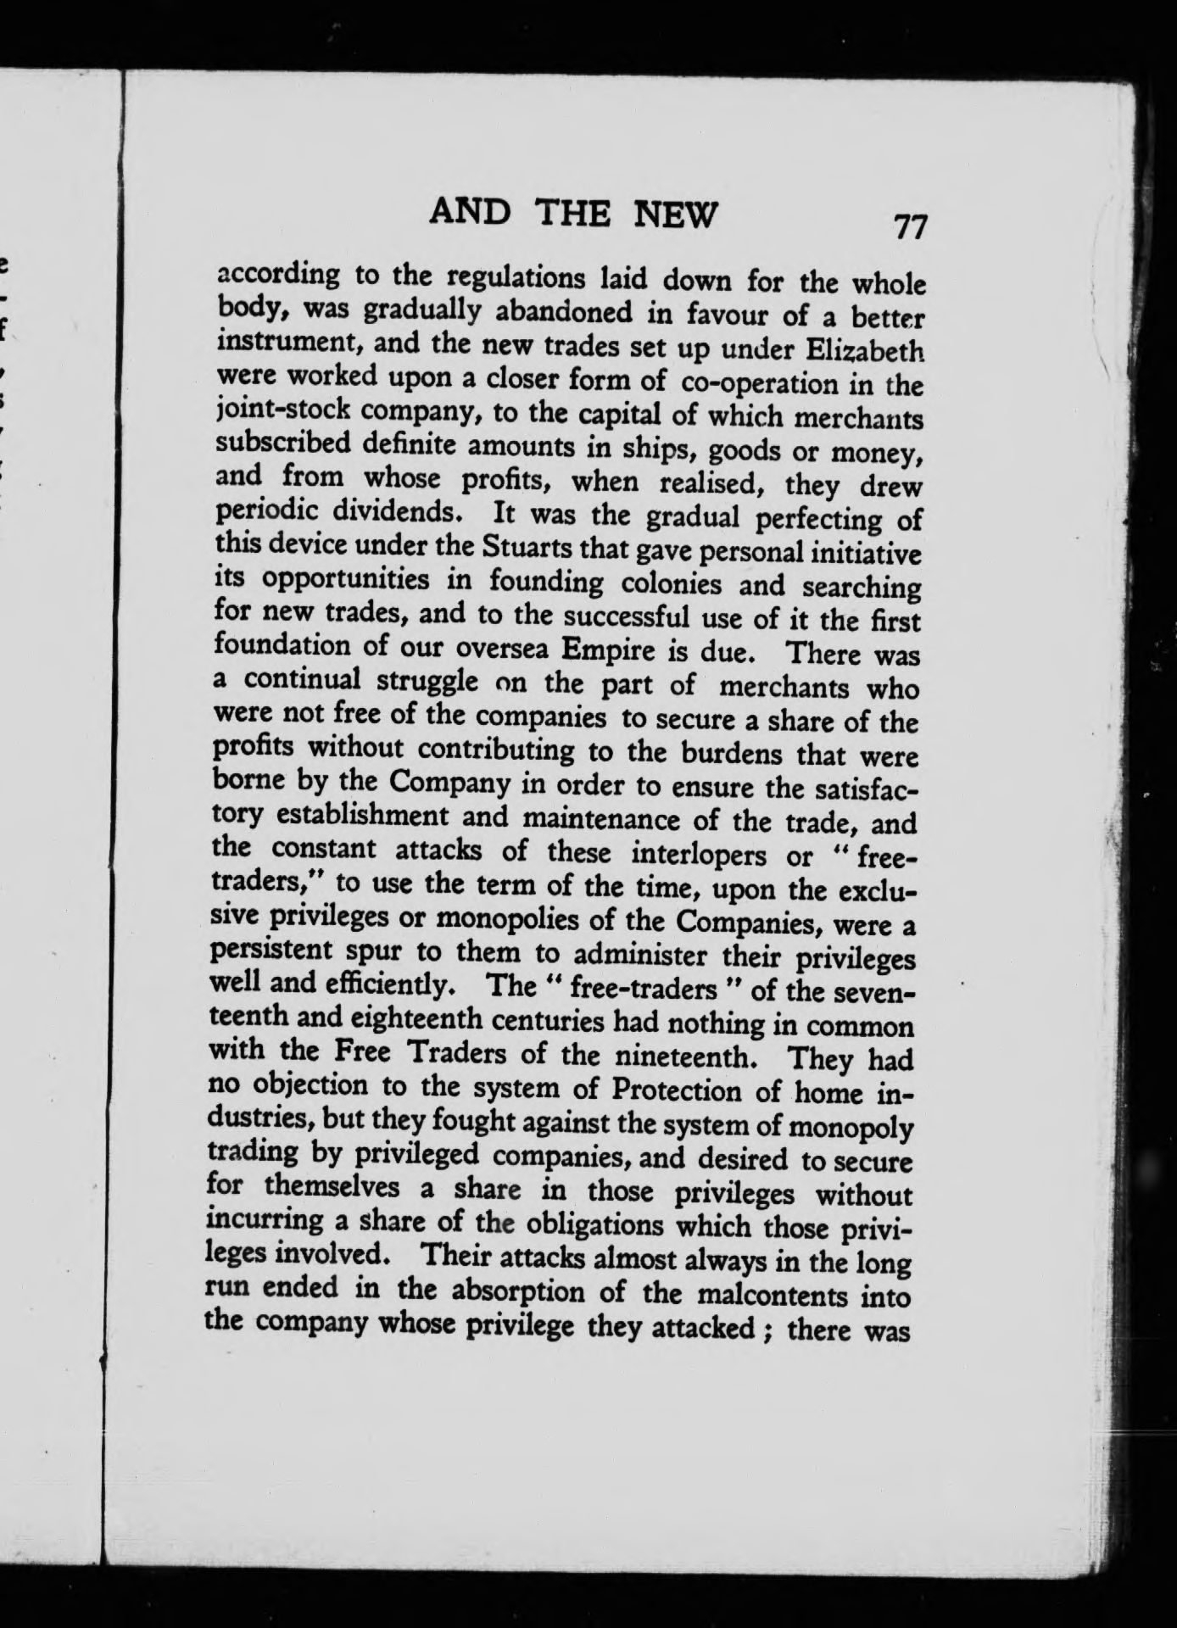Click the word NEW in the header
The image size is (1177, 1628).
(x=676, y=215)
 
